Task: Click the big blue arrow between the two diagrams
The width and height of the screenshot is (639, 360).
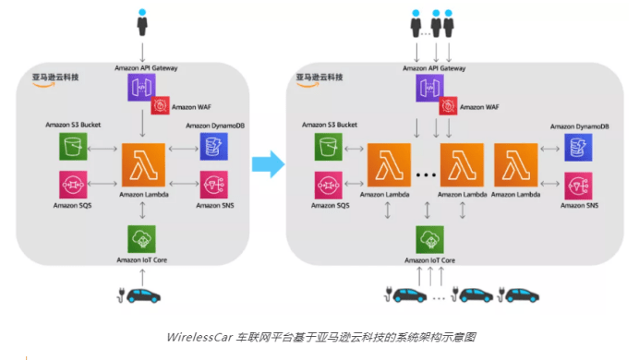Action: [x=267, y=165]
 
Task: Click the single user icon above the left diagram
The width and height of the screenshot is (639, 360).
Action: [x=142, y=20]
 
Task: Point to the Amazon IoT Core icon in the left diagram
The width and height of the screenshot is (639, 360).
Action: [x=142, y=239]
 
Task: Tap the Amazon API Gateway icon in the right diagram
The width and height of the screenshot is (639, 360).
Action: [x=430, y=89]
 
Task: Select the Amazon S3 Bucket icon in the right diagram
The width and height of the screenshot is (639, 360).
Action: [x=328, y=146]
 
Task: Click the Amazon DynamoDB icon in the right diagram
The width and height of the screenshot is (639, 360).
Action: [x=580, y=146]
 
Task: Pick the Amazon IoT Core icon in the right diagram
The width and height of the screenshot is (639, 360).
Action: [x=430, y=239]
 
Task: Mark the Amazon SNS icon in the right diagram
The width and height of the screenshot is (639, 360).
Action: [x=580, y=184]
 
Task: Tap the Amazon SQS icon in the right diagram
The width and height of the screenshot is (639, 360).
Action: [x=328, y=184]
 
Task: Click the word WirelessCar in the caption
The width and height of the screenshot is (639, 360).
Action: [x=195, y=338]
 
